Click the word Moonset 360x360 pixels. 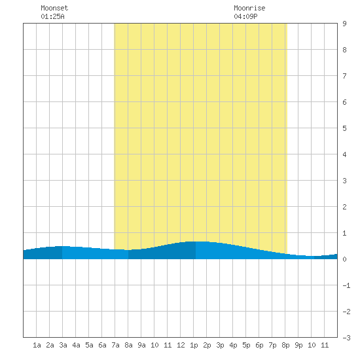coord(54,8)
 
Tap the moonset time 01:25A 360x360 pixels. coord(52,16)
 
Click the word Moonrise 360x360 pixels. coord(249,8)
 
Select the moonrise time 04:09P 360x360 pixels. coord(245,16)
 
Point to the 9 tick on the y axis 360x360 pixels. coord(344,24)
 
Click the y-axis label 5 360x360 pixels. coord(344,128)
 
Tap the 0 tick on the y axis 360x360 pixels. coord(344,259)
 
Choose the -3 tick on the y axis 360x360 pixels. coord(346,338)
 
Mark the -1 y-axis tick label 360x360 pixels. coord(346,285)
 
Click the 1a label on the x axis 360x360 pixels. coord(37,345)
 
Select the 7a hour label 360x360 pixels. coord(115,345)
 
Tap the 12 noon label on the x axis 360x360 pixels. coord(181,345)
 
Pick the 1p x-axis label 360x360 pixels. coord(194,345)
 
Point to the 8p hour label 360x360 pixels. coord(285,345)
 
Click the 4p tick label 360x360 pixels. coord(233,345)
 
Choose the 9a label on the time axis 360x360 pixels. coord(141,345)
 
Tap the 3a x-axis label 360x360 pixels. coord(63,345)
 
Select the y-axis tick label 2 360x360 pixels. coord(344,207)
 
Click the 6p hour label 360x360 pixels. coord(259,345)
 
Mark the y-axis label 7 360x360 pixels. coord(344,76)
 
